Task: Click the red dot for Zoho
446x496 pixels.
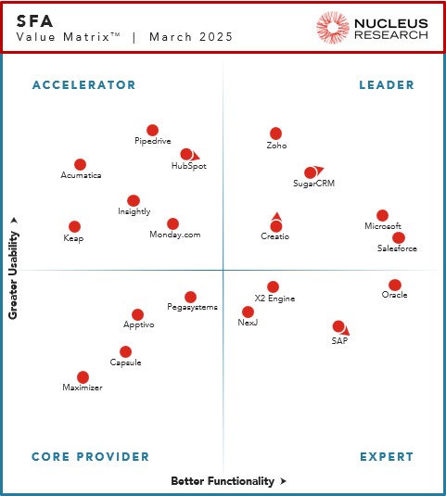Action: pos(275,134)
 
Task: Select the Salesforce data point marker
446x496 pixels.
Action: pos(399,237)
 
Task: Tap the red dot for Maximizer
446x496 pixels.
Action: pos(83,376)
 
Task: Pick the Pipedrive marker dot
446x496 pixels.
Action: pos(153,130)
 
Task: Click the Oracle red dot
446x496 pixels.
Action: pos(395,285)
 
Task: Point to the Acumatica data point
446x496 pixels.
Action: pos(81,164)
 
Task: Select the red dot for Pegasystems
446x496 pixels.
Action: pos(191,297)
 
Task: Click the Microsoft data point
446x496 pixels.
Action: pos(382,215)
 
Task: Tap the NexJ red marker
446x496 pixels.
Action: pos(248,312)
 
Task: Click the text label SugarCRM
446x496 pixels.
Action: pos(313,184)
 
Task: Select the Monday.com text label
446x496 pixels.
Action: pos(175,235)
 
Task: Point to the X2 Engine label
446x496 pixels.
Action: pos(274,299)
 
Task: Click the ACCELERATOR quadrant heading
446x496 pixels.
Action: pos(83,85)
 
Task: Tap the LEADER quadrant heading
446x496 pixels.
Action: pos(387,85)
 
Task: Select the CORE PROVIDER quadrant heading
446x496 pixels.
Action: pos(90,456)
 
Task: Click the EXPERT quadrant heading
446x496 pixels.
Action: pos(387,456)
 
